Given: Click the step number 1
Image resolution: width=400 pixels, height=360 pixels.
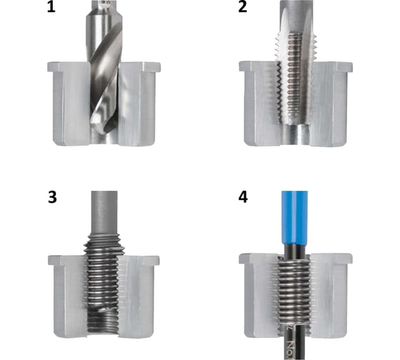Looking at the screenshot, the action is point(51,7).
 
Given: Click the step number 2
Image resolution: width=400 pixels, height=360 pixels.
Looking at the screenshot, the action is point(243,7).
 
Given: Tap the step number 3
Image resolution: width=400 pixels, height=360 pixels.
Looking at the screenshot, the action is point(52,197).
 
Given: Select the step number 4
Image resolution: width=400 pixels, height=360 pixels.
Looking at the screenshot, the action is point(243,197).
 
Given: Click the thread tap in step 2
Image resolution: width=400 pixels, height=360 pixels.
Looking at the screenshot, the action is point(296,64).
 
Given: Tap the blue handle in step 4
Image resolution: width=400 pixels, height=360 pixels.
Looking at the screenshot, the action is point(294,217).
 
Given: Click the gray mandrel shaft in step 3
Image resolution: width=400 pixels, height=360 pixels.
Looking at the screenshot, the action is point(104,212).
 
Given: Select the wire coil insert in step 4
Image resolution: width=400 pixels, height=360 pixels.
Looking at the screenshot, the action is point(294,291).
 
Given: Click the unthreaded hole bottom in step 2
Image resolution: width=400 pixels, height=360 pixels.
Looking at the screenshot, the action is point(296,135).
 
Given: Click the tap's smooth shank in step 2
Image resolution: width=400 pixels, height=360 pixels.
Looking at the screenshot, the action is point(296,15).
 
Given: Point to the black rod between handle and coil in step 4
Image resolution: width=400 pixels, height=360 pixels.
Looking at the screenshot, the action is point(294,251).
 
